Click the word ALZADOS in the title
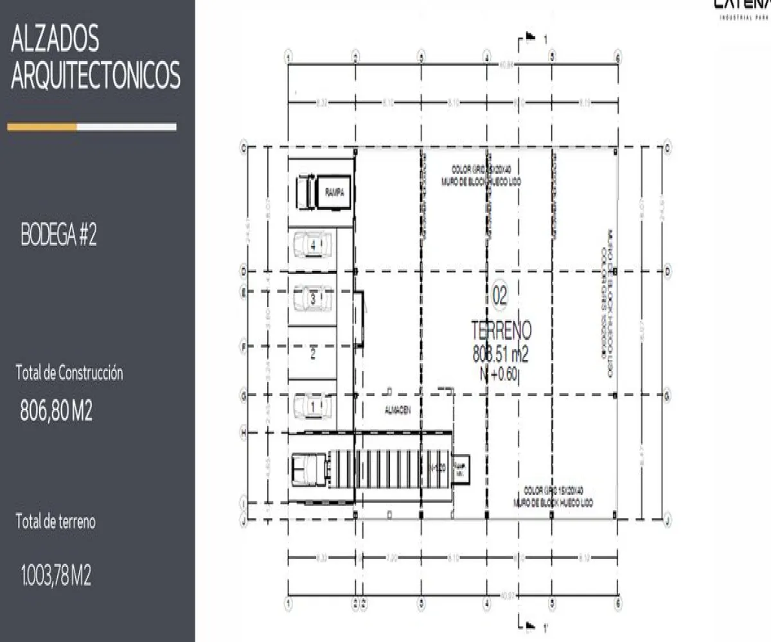coord(55,40)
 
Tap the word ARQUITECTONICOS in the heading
coord(96,76)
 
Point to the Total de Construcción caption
coord(69,372)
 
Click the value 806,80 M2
coord(57,412)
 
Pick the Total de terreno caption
coord(56,522)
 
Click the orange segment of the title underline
coord(42,127)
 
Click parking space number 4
coord(313,245)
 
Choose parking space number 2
coord(313,352)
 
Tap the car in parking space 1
coord(313,406)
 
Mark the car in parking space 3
coord(313,299)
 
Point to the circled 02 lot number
coord(499,296)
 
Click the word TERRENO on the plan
coord(501,331)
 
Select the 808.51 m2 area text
coord(501,354)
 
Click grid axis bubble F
coord(244,347)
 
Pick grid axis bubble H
coord(244,433)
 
